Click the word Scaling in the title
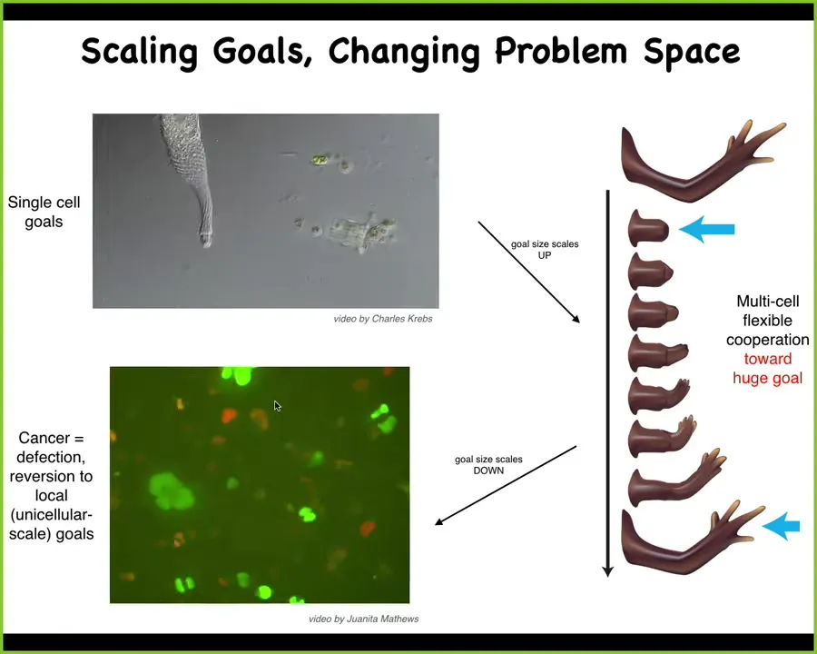[x=140, y=52]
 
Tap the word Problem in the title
[x=561, y=51]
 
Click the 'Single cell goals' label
[x=44, y=212]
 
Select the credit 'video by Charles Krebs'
[x=383, y=319]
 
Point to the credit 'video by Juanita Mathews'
[x=364, y=619]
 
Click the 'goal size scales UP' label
[x=545, y=249]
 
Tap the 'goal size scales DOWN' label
[x=488, y=465]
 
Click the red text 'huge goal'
[x=767, y=378]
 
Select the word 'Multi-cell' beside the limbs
[x=767, y=301]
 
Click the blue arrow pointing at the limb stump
[x=706, y=229]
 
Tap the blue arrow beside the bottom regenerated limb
[x=781, y=526]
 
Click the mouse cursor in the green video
[x=277, y=406]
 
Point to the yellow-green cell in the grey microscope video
[x=319, y=160]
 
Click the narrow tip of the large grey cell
[x=206, y=242]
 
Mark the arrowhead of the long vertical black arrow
[x=607, y=571]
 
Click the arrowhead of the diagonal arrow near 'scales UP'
[x=576, y=319]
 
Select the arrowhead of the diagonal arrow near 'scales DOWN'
[x=438, y=521]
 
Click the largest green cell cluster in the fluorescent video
[x=171, y=491]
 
